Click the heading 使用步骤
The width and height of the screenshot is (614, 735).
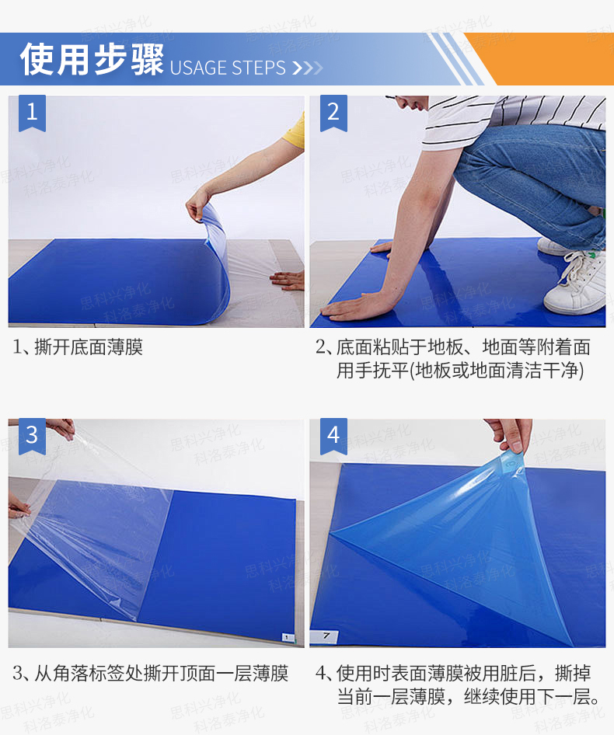(x=92, y=60)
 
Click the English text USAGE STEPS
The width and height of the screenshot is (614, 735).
(x=228, y=68)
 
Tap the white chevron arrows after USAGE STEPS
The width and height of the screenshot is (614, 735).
(x=307, y=68)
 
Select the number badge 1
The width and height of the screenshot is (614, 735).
(x=32, y=113)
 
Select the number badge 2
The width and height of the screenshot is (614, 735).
(x=333, y=113)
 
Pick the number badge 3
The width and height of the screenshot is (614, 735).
(x=32, y=436)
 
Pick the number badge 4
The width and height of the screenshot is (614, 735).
(x=333, y=436)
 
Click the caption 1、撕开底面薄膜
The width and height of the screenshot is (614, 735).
(x=78, y=347)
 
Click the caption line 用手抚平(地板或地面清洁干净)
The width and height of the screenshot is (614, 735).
(x=460, y=371)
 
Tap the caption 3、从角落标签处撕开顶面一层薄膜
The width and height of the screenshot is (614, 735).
(x=151, y=674)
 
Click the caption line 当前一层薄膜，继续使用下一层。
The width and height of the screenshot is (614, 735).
(x=469, y=697)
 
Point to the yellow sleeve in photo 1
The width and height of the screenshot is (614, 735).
(x=295, y=131)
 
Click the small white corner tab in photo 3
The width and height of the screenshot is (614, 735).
(x=288, y=638)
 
